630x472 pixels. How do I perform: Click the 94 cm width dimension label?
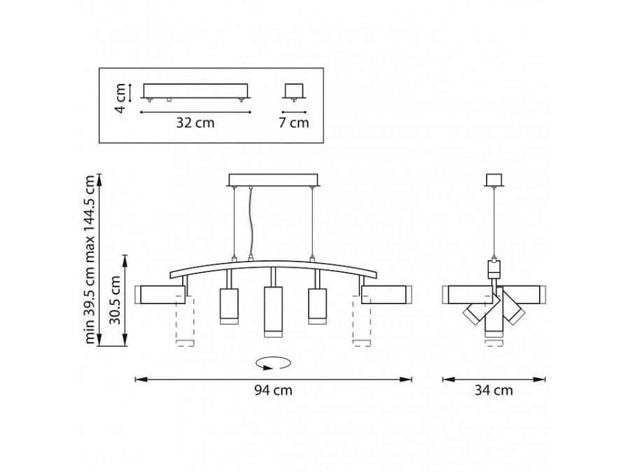(x=273, y=390)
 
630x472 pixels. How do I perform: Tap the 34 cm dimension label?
(x=493, y=390)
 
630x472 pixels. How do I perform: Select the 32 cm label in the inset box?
(x=195, y=122)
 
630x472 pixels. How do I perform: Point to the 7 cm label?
(x=294, y=122)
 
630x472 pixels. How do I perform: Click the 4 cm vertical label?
(x=121, y=99)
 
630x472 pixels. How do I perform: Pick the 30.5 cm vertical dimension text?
(x=115, y=300)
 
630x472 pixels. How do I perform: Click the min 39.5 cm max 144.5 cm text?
(x=90, y=259)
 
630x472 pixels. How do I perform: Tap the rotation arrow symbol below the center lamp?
(x=273, y=363)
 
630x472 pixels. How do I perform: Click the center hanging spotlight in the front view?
(x=273, y=311)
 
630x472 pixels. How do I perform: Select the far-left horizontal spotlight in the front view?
(x=160, y=294)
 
